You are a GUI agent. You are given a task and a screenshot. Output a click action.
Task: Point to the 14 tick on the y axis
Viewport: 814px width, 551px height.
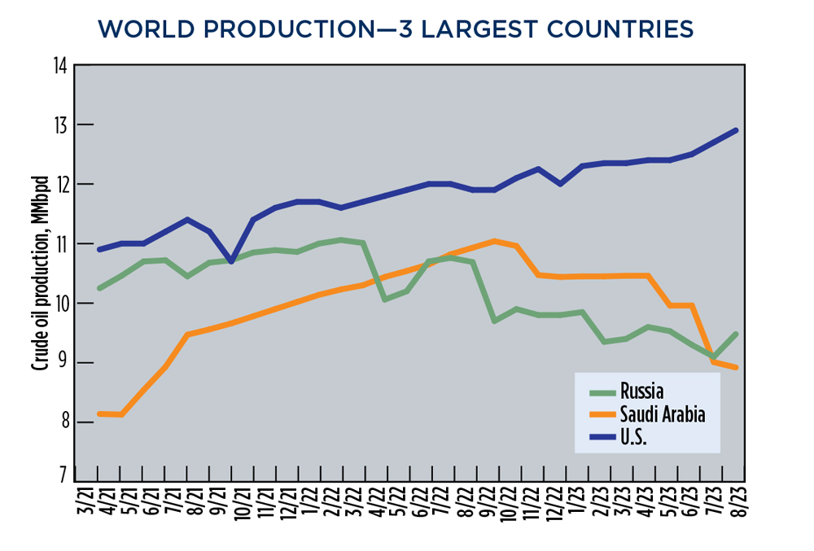click(59, 66)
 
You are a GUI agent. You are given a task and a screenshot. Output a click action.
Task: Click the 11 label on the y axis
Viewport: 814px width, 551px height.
click(59, 244)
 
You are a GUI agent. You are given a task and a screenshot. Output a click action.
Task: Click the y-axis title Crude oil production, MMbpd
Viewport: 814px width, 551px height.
click(38, 273)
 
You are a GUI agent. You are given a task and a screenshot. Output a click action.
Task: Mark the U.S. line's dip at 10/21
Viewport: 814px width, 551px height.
click(233, 261)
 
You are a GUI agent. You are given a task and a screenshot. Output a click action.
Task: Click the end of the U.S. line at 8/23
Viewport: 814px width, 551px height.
click(736, 130)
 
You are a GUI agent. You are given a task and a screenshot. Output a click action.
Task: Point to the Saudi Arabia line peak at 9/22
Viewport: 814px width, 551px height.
click(495, 241)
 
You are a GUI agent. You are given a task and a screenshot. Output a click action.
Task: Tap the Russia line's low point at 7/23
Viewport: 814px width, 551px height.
click(714, 356)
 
